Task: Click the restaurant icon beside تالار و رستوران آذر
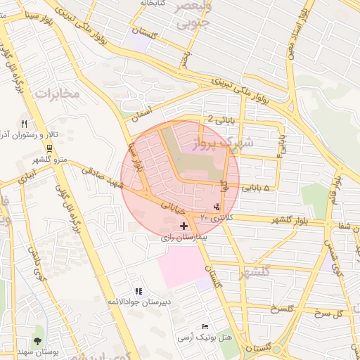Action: coord(24,124)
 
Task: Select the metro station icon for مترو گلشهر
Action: coord(49,148)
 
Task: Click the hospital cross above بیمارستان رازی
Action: coord(184,226)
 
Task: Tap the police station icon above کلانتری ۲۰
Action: coord(217,207)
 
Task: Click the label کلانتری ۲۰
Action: coord(214,219)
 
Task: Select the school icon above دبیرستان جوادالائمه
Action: coord(139,291)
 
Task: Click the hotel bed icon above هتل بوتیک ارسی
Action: coord(205,327)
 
